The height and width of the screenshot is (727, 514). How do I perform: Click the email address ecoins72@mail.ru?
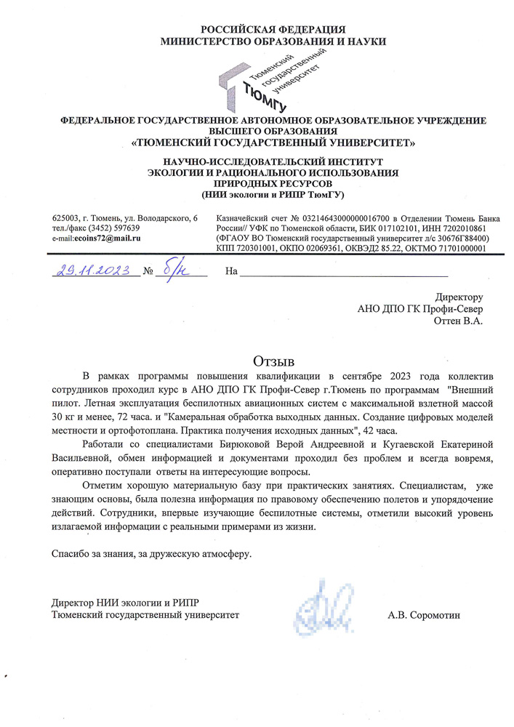coord(108,238)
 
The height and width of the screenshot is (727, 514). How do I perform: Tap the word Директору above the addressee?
coord(459,297)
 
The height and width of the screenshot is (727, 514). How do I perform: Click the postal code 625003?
coord(66,217)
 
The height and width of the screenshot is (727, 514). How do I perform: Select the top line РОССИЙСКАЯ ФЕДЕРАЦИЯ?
coord(273,29)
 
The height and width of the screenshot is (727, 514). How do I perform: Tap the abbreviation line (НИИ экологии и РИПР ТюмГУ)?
coord(273,196)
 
